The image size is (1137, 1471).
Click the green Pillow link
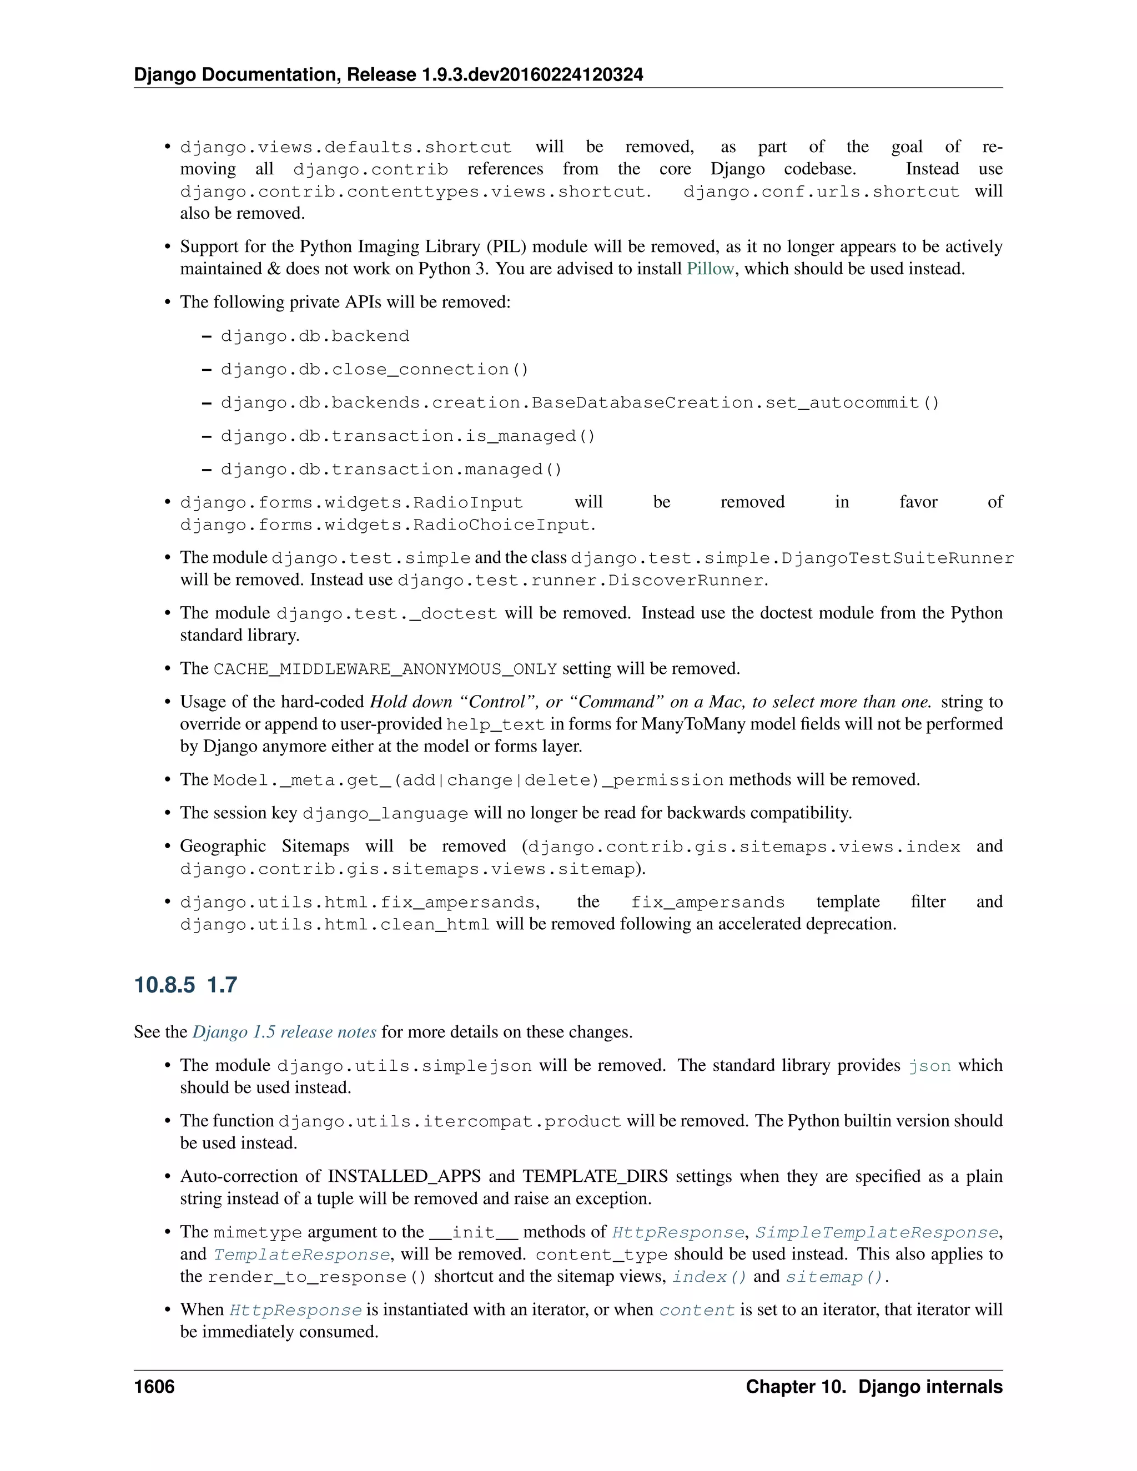click(710, 269)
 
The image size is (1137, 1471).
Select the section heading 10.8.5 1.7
click(185, 985)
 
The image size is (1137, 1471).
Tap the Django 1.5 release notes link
click(284, 1032)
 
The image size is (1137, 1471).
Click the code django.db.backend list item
click(315, 336)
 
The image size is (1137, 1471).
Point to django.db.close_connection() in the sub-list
click(375, 369)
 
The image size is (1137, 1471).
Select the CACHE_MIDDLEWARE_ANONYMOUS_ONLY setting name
click(385, 669)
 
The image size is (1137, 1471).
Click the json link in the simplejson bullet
click(929, 1066)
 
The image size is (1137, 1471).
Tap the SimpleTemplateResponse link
click(876, 1232)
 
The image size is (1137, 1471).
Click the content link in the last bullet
click(697, 1309)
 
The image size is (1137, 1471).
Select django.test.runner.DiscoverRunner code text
click(581, 581)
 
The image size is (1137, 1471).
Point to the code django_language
click(385, 813)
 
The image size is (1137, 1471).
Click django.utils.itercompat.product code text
click(449, 1121)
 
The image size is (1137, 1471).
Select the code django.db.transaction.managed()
click(391, 469)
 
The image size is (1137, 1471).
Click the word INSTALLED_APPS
click(404, 1176)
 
